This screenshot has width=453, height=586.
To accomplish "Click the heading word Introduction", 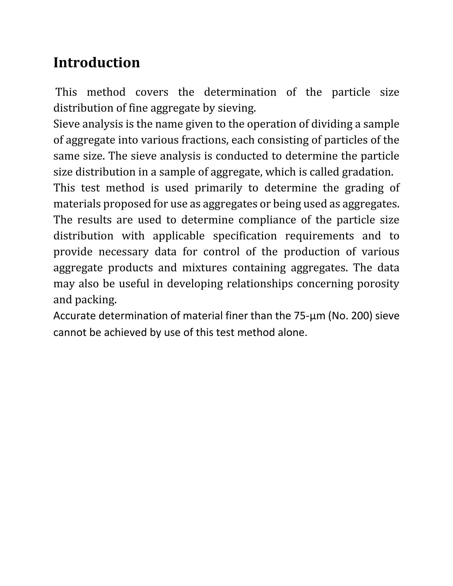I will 97,63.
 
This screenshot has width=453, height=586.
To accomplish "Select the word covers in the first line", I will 152,92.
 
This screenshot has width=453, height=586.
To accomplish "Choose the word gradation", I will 367,172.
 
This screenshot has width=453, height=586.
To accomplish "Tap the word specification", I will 245,236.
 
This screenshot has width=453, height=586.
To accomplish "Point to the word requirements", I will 319,236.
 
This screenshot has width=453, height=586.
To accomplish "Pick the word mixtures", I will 205,268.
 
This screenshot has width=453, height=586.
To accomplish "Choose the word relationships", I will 259,284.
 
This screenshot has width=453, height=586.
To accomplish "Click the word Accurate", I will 74,316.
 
